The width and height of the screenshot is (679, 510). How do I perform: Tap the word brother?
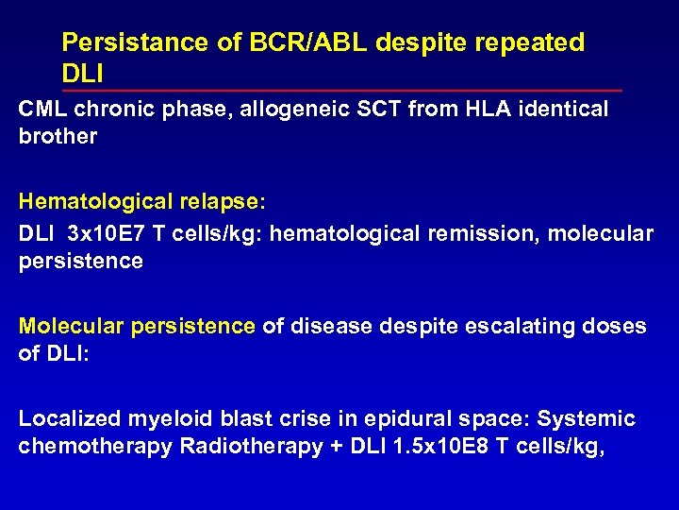pyautogui.click(x=58, y=136)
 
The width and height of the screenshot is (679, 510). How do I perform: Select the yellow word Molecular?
pyautogui.click(x=71, y=326)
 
